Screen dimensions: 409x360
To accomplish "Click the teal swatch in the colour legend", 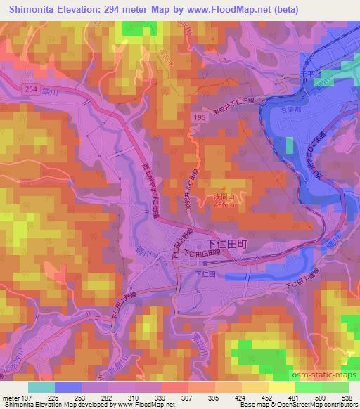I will (x=41, y=387).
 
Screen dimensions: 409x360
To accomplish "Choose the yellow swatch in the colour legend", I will (x=281, y=387).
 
